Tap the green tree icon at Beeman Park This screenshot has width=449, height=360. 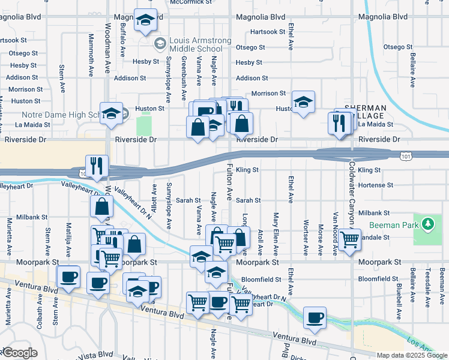(x=427, y=224)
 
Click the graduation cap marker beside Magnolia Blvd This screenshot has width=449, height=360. (x=145, y=20)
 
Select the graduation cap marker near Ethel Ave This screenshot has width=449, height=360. (x=303, y=101)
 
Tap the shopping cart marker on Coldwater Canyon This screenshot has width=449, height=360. (x=349, y=239)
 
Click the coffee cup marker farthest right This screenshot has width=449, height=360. (x=315, y=317)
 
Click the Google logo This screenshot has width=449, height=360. (x=20, y=353)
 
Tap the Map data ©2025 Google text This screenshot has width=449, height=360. (x=411, y=355)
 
